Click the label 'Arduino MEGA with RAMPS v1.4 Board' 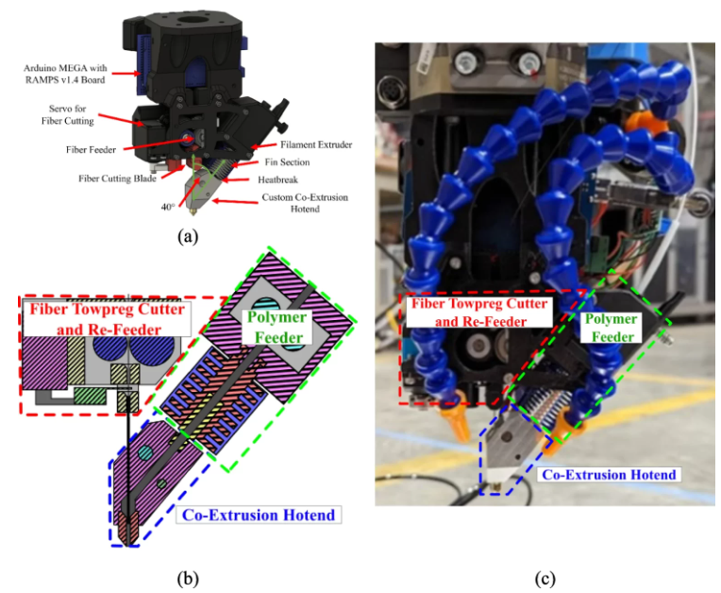click(65, 74)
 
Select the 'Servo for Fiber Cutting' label click(68, 114)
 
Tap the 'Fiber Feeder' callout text click(91, 149)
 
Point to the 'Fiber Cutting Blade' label click(117, 178)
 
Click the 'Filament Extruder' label click(316, 144)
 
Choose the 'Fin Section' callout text click(287, 161)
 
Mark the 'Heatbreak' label click(277, 179)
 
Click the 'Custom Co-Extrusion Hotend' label click(305, 203)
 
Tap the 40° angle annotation click(168, 207)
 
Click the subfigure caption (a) click(188, 236)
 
